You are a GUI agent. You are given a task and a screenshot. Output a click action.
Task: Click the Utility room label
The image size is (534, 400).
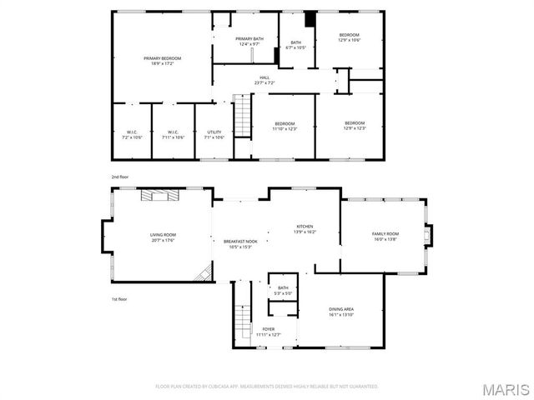(214, 134)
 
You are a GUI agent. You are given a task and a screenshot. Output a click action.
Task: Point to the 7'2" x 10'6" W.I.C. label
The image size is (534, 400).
(132, 134)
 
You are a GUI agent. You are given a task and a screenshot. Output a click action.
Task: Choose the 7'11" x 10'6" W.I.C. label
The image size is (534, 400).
(173, 134)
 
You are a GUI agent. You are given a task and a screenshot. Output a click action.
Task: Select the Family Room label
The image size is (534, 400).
(385, 237)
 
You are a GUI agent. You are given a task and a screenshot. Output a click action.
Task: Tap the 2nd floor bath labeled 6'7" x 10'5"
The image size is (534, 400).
(295, 45)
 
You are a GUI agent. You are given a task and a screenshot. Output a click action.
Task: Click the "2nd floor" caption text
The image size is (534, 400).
(120, 177)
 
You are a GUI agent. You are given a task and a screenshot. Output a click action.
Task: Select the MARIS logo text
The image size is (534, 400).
(506, 389)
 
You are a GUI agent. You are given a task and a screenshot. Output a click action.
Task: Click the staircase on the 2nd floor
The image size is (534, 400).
(242, 117)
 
